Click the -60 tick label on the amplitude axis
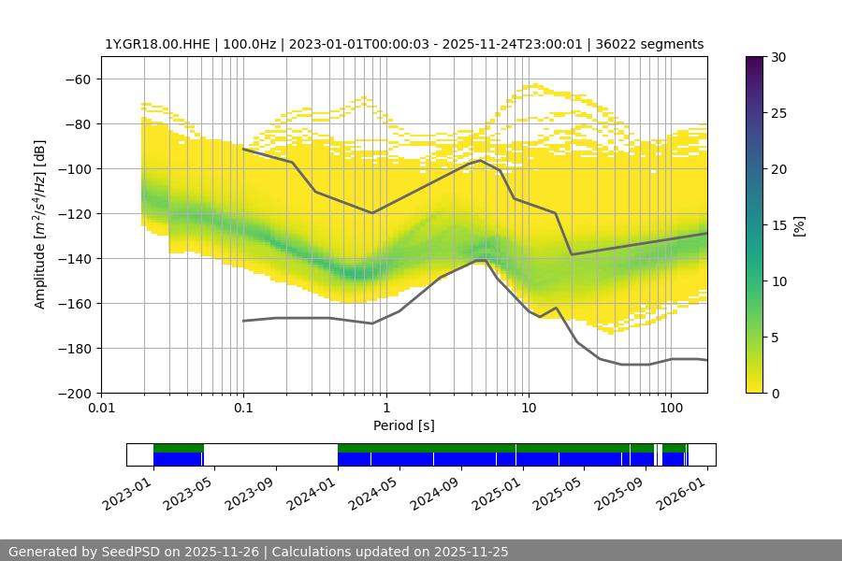tap(79, 79)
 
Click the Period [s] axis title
tap(403, 425)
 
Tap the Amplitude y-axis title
tap(40, 224)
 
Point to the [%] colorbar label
tap(799, 225)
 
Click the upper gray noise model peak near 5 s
tap(480, 160)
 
